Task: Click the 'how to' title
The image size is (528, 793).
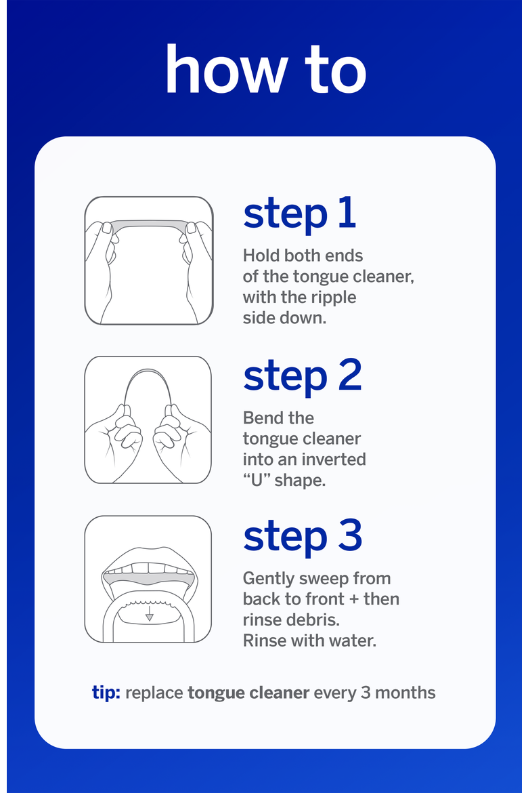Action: pyautogui.click(x=266, y=69)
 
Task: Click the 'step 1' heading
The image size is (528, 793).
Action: pyautogui.click(x=300, y=214)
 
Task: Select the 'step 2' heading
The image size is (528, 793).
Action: pyautogui.click(x=303, y=377)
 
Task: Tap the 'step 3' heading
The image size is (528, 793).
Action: pyautogui.click(x=303, y=537)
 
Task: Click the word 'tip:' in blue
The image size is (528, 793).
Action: pyautogui.click(x=106, y=693)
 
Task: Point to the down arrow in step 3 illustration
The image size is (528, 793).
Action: pyautogui.click(x=149, y=613)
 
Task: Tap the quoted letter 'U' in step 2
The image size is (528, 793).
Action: pyautogui.click(x=257, y=480)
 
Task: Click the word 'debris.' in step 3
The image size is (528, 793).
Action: pyautogui.click(x=316, y=619)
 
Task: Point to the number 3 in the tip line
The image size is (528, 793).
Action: pyautogui.click(x=366, y=693)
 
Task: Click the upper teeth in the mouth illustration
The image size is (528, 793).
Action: pyautogui.click(x=149, y=568)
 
